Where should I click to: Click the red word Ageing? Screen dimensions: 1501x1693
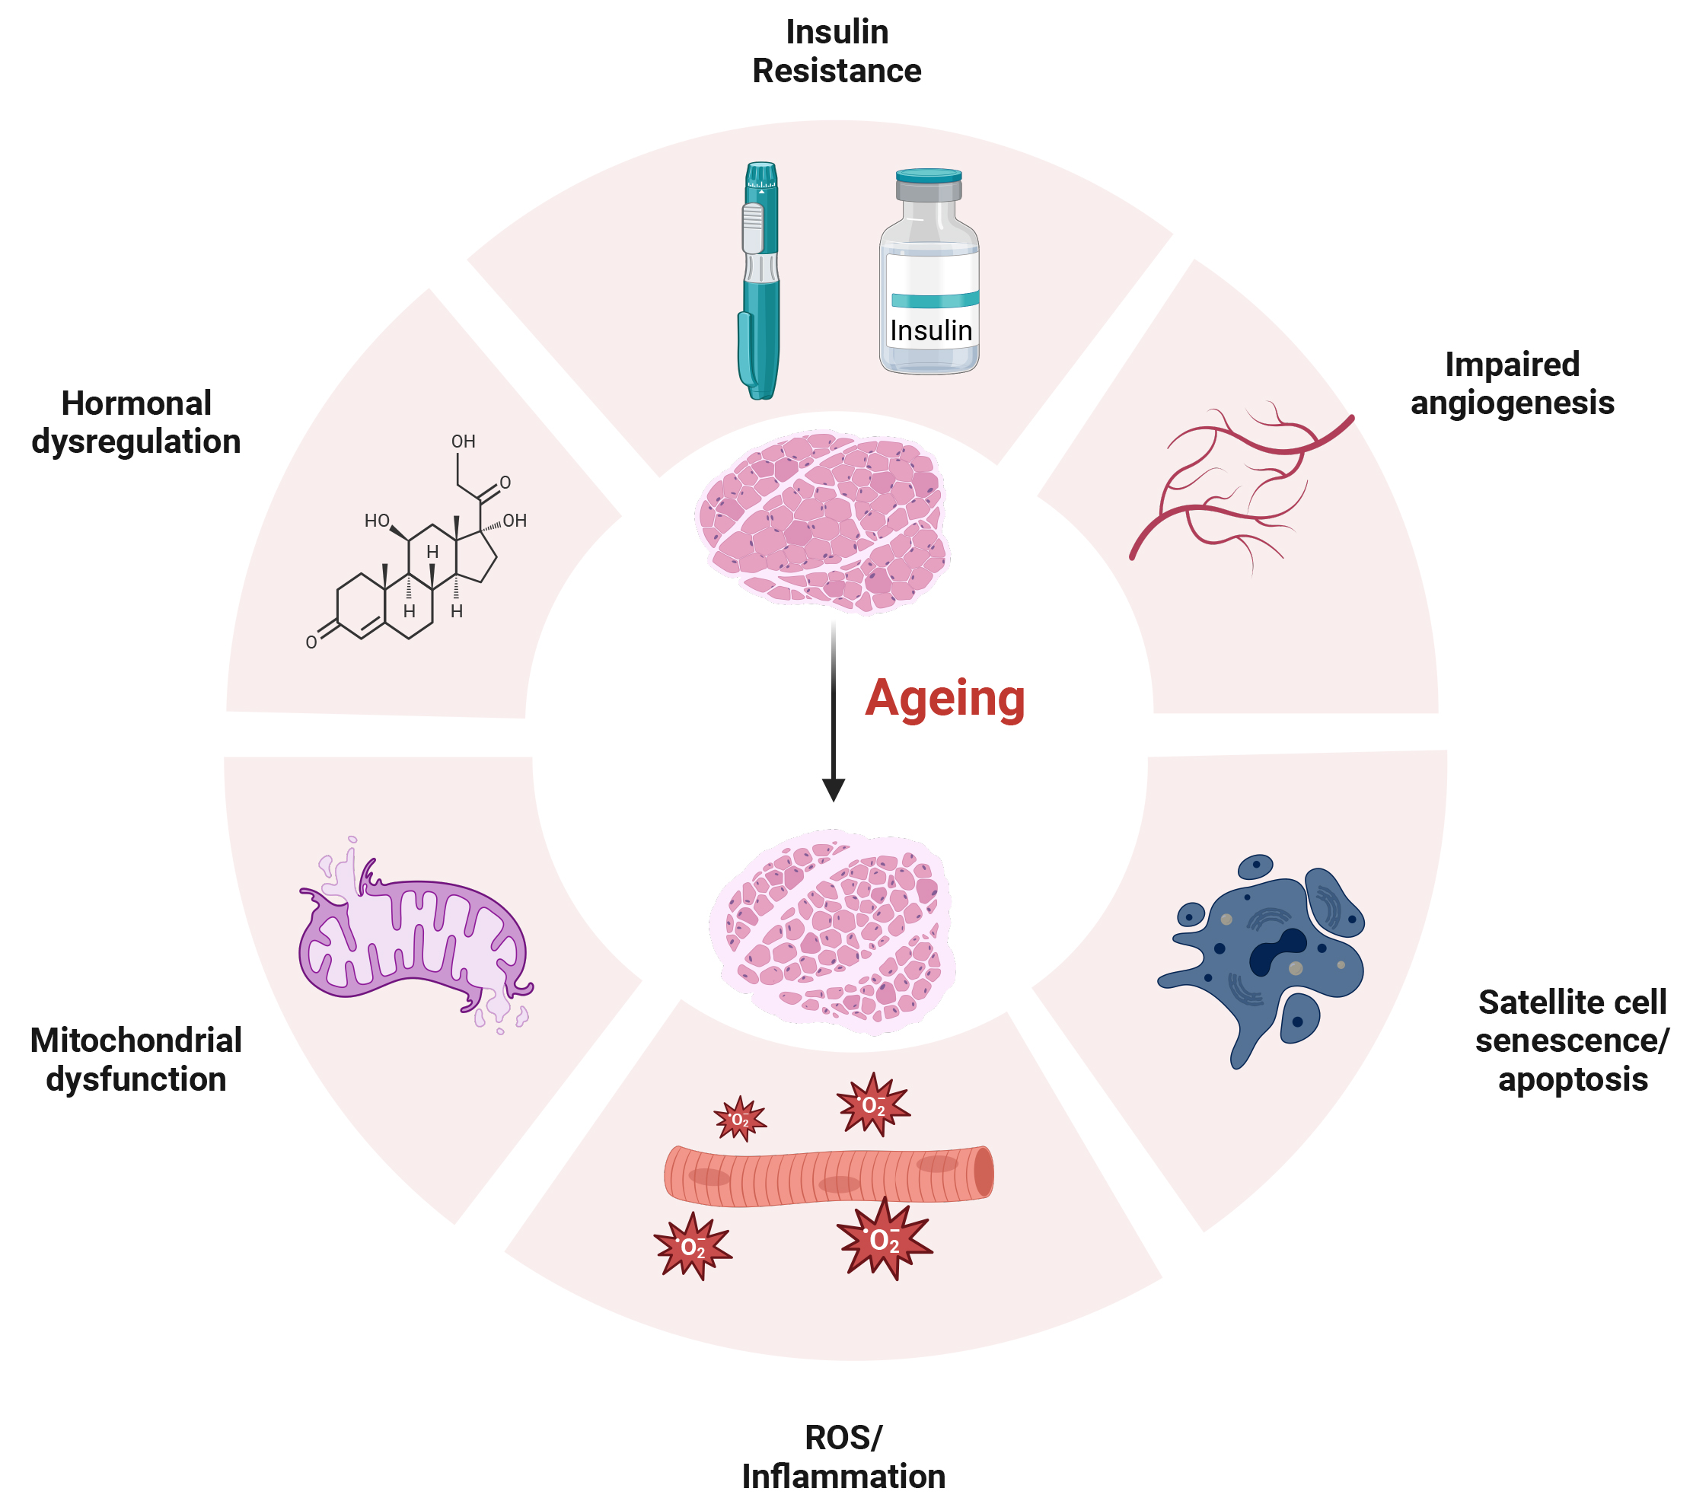click(x=945, y=698)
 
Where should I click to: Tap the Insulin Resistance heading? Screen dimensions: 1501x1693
click(x=837, y=51)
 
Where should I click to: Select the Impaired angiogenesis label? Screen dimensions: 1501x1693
click(x=1513, y=384)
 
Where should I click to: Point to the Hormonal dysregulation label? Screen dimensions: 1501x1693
click(x=137, y=422)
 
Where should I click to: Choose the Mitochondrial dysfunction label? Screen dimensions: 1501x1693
click(x=137, y=1060)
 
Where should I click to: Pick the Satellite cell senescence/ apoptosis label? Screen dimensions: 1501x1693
click(x=1572, y=1041)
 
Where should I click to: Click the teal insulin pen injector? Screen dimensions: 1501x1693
click(x=760, y=282)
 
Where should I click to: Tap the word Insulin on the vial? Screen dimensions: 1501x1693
click(x=930, y=330)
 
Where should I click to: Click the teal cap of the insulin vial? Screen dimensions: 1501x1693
click(x=929, y=176)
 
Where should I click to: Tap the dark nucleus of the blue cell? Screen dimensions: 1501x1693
click(x=1276, y=953)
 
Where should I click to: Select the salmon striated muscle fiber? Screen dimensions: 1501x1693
click(x=828, y=1174)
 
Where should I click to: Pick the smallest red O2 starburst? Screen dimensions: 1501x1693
click(x=740, y=1120)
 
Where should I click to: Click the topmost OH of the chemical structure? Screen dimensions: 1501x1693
click(x=463, y=441)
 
